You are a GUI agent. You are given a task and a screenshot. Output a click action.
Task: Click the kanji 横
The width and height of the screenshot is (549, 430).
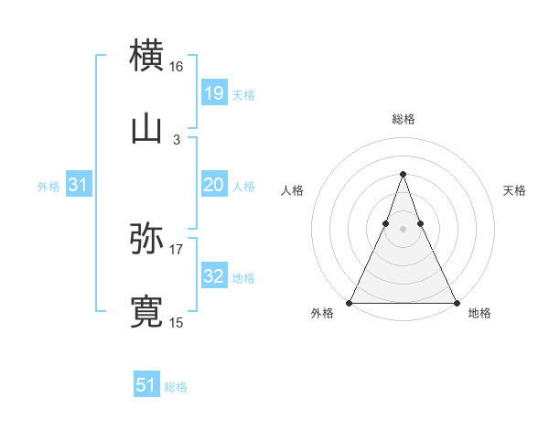point(146,54)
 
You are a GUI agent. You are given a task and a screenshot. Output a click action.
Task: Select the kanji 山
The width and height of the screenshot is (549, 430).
point(146,129)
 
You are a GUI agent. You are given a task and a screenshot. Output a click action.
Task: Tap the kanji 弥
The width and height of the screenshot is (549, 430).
point(146,239)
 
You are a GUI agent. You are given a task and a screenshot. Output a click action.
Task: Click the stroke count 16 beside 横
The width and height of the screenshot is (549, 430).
point(177,66)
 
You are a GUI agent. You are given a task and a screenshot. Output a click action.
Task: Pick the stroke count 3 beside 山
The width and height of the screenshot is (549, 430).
point(177,140)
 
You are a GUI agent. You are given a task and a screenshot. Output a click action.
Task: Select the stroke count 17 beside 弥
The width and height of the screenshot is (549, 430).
point(177,249)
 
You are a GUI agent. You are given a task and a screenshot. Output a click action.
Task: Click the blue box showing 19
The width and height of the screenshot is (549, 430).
point(213,92)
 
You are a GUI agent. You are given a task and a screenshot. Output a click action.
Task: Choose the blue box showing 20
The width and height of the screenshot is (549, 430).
point(213,185)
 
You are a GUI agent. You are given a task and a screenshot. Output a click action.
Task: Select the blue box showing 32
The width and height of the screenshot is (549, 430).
point(213,276)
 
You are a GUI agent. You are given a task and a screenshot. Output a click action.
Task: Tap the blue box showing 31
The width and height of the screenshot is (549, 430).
point(79,185)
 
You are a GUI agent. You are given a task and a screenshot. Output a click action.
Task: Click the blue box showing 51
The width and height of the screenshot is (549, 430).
point(145,385)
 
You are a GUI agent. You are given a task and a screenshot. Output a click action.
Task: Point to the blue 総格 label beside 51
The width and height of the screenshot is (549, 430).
point(176,387)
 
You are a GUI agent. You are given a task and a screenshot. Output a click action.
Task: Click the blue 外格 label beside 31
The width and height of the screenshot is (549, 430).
point(48,187)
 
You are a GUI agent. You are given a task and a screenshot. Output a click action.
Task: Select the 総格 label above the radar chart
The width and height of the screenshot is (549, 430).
point(403,119)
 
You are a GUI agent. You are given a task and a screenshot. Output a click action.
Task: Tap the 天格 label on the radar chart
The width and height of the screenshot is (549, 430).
point(514,190)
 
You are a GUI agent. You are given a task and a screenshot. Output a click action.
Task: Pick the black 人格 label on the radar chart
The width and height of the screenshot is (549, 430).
point(292,190)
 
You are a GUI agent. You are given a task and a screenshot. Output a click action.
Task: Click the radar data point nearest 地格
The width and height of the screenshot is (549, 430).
point(456,302)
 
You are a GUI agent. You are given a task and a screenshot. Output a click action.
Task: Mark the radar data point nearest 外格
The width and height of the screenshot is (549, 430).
point(350,302)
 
